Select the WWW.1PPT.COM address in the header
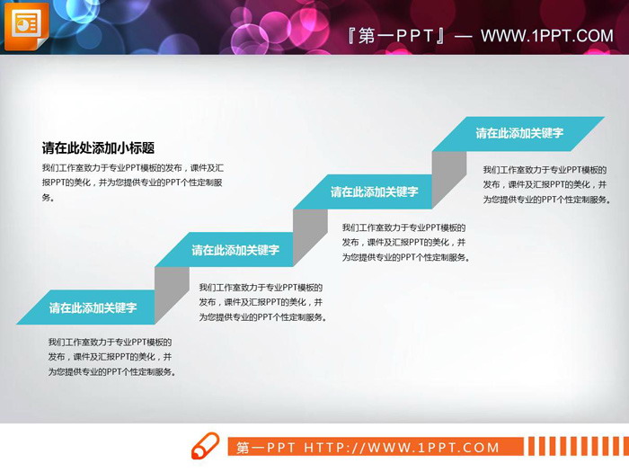pyautogui.click(x=546, y=36)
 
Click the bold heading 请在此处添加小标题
pyautogui.click(x=98, y=148)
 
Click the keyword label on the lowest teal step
pyautogui.click(x=93, y=307)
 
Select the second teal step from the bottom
pyautogui.click(x=235, y=250)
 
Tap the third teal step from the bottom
pyautogui.click(x=374, y=191)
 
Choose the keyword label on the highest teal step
pyautogui.click(x=519, y=133)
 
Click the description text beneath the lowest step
pyautogui.click(x=111, y=357)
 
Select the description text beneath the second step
pyautogui.click(x=261, y=302)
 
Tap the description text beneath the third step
pyautogui.click(x=405, y=243)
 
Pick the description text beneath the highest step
pyautogui.click(x=545, y=184)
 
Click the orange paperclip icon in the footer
pyautogui.click(x=205, y=446)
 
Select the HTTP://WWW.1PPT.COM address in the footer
pyautogui.click(x=401, y=448)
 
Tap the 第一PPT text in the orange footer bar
pyautogui.click(x=266, y=448)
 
